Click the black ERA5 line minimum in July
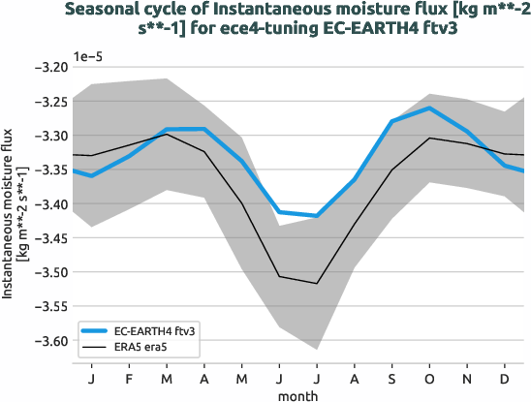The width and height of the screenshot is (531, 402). (317, 283)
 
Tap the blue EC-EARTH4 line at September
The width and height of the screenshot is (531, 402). (392, 121)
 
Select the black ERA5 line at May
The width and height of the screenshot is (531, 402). (241, 203)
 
